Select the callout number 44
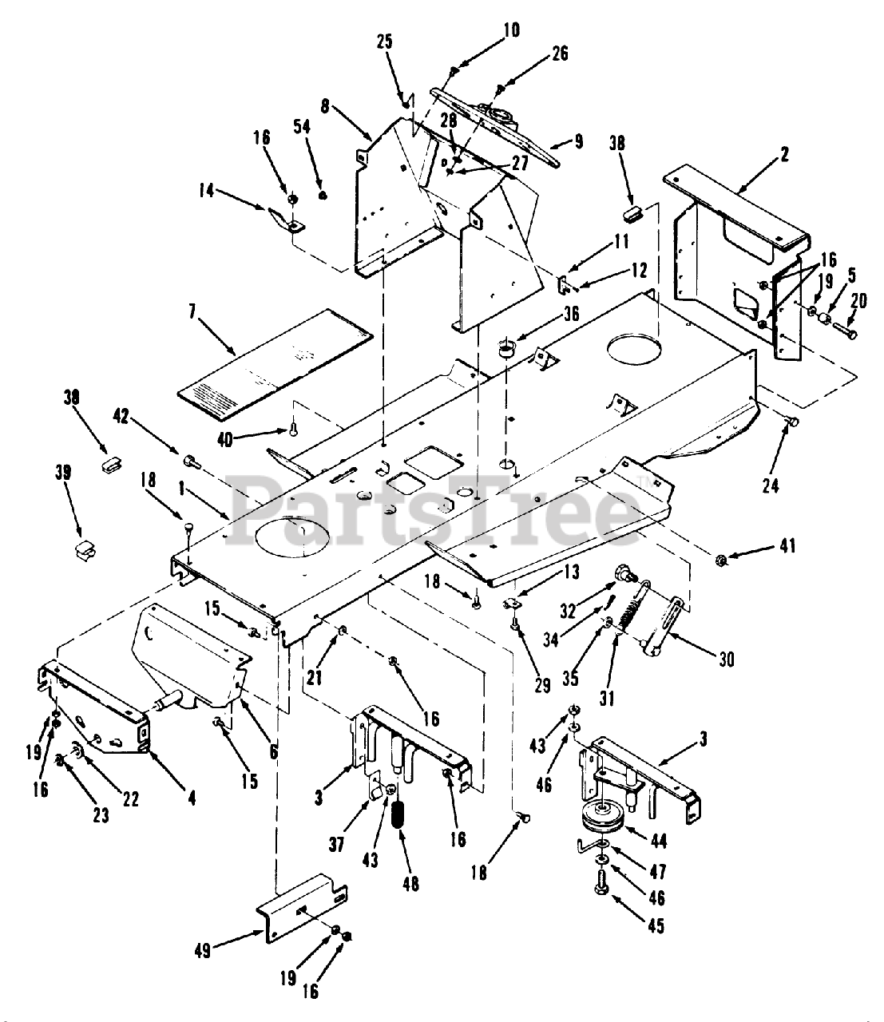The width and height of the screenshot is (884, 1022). pos(660,839)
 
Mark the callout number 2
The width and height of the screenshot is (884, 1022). pos(785,155)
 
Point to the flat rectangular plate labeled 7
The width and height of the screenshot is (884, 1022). pos(272,355)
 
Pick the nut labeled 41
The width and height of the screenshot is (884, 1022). pos(720,558)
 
